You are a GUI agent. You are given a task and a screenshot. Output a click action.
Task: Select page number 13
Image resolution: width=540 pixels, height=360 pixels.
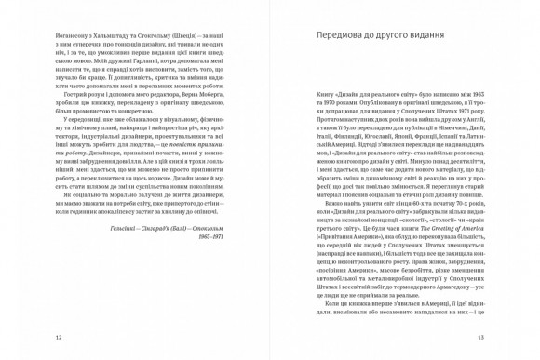[481, 337]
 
